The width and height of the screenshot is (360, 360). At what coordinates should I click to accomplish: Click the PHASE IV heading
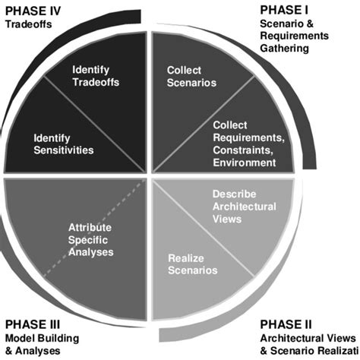coord(33,10)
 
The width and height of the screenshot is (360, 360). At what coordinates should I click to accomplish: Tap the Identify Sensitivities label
coord(64,144)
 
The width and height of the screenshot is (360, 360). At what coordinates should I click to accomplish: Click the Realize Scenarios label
coord(192,264)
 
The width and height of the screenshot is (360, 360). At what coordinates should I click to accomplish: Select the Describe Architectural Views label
coord(238,205)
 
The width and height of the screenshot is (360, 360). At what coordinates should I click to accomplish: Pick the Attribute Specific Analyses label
coord(90,238)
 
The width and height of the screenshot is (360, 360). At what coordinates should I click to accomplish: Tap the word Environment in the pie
coord(245,162)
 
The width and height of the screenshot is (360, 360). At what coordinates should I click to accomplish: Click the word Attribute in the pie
coord(90,226)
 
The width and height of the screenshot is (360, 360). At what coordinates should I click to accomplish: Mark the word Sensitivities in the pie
coord(64,150)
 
